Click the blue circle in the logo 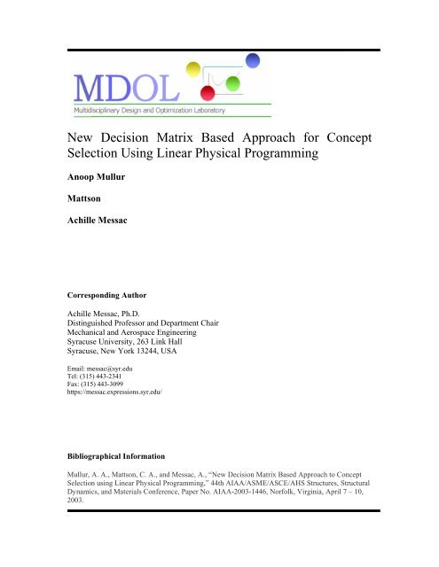click(x=252, y=60)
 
